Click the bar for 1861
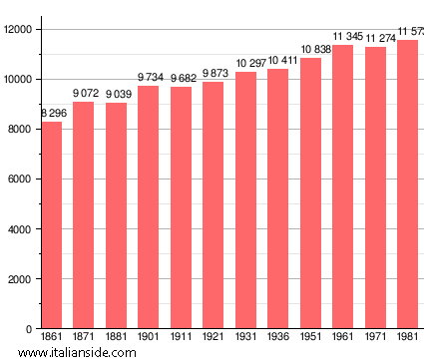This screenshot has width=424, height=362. click(51, 224)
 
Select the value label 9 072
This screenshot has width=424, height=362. click(85, 94)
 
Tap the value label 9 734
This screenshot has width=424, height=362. click(150, 78)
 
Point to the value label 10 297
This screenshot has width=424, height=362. click(247, 64)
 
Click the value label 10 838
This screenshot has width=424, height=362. click(311, 50)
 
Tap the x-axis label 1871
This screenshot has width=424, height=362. click(84, 337)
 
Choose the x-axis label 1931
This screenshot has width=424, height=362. click(245, 337)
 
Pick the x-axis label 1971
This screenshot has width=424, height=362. click(375, 337)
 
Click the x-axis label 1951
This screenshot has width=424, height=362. click(310, 337)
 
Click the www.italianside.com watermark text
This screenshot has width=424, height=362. click(70, 352)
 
